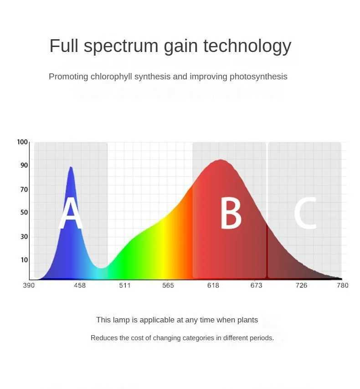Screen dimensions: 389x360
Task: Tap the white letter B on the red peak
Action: pos(231,213)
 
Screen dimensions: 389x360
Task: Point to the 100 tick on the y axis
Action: pos(22,142)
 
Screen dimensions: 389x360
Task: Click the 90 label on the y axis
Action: pos(24,166)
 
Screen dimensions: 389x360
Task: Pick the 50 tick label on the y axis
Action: pos(24,213)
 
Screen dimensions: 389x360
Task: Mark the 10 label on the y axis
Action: pos(24,260)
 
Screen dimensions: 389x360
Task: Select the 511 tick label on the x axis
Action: pos(124,285)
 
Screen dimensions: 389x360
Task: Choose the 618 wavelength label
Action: pos(213,285)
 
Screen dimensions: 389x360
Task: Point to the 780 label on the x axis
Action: pos(342,285)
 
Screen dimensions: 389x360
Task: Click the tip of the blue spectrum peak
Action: pos(71,167)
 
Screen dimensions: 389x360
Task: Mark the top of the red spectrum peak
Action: pos(221,160)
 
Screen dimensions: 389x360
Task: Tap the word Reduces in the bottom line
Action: pos(104,338)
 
